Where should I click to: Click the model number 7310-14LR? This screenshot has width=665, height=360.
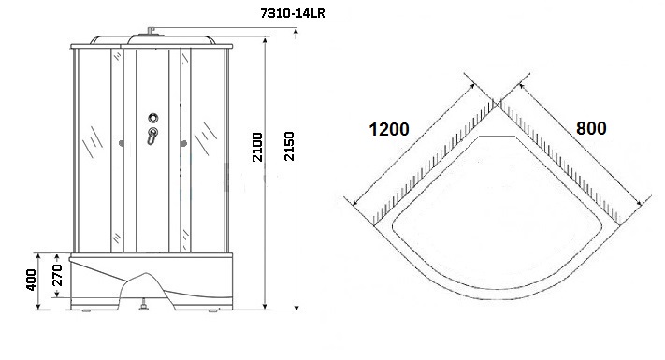pos(293,14)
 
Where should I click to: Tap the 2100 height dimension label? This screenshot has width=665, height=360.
pos(257,147)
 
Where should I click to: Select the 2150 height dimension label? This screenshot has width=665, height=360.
pos(289,146)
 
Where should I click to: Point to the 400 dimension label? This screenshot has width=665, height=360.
pos(31,280)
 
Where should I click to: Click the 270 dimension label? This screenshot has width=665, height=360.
pos(58,275)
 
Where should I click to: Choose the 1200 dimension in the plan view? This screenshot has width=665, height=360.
pos(389,129)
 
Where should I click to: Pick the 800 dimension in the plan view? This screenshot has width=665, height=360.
pos(591,128)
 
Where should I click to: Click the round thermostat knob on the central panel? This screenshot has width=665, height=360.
pos(153,118)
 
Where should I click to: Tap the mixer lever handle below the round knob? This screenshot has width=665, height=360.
pos(152,136)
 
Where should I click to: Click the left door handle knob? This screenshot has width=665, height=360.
pos(122,144)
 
